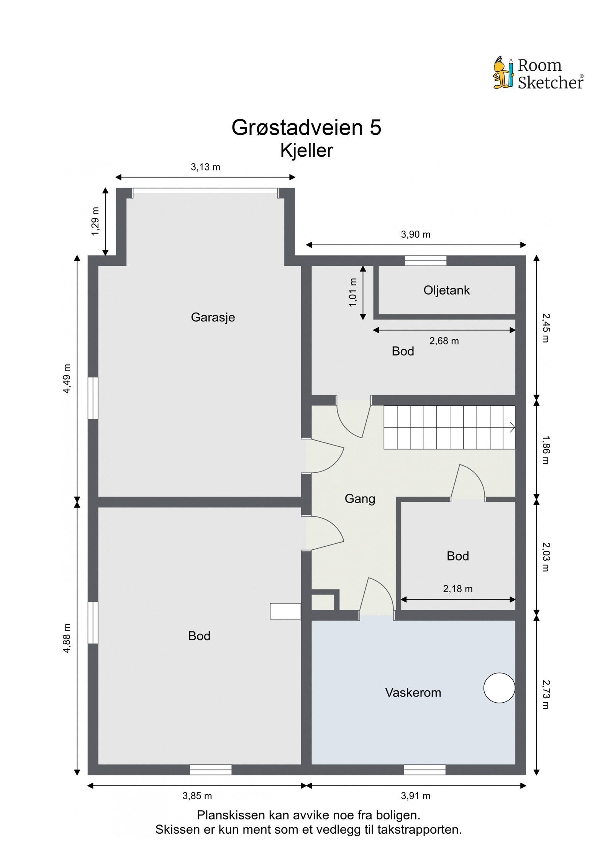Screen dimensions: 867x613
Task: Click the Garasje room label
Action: (x=213, y=317)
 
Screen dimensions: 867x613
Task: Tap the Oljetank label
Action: (x=446, y=290)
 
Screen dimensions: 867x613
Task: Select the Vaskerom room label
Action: (x=413, y=692)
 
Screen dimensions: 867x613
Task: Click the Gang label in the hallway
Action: (x=360, y=499)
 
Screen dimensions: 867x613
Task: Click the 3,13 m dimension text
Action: (x=205, y=167)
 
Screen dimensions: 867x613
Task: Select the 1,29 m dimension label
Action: (x=95, y=221)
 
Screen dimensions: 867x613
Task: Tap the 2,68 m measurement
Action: (x=444, y=341)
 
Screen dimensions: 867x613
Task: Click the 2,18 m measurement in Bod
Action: (x=457, y=589)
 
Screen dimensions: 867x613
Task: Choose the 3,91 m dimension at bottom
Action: (x=415, y=796)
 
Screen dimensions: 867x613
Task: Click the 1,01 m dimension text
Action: (x=353, y=292)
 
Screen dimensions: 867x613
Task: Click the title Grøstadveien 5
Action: (x=306, y=128)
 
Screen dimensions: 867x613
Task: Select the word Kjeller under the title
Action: (x=306, y=151)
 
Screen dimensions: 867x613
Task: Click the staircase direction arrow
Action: (x=511, y=427)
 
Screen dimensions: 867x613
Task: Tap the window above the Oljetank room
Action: (x=426, y=261)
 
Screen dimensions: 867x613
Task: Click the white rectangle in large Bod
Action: (x=285, y=611)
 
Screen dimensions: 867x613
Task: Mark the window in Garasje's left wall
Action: (x=93, y=398)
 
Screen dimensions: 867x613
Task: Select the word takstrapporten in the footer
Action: (x=419, y=830)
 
